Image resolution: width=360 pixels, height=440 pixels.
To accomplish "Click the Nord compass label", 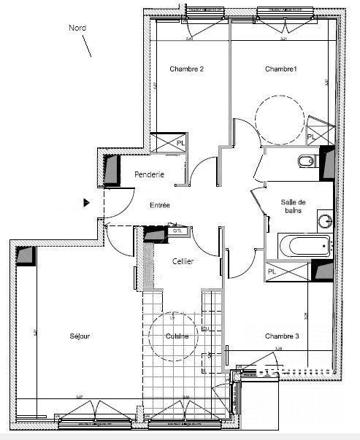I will (77, 28).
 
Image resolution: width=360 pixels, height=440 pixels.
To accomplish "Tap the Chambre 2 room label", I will (186, 69).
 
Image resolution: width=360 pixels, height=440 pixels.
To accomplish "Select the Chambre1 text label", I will (281, 69).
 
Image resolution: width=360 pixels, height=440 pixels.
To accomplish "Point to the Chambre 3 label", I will (282, 336).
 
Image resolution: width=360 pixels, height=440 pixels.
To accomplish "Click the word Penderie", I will (150, 174).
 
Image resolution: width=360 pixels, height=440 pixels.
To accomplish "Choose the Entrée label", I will (160, 205).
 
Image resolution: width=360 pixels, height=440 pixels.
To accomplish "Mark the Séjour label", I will (80, 336).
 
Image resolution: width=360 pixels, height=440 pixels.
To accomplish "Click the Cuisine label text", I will (177, 336).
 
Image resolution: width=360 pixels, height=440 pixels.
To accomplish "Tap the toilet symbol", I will (307, 161).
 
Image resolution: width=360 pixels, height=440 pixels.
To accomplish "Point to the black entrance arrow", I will (87, 203).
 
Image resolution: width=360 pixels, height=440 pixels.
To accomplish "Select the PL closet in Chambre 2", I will (167, 143).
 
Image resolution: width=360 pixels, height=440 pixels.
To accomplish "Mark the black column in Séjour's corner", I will (25, 257).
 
